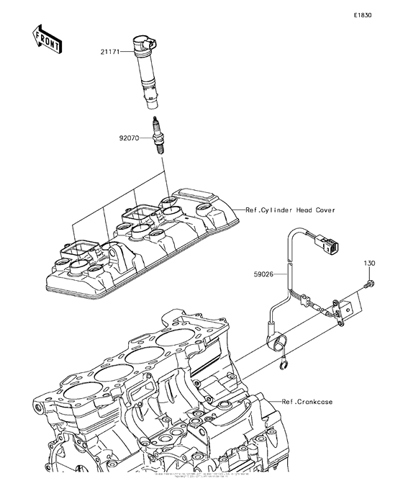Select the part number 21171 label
[x=112, y=52]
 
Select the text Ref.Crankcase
[x=307, y=402]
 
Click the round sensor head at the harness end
[x=276, y=338]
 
